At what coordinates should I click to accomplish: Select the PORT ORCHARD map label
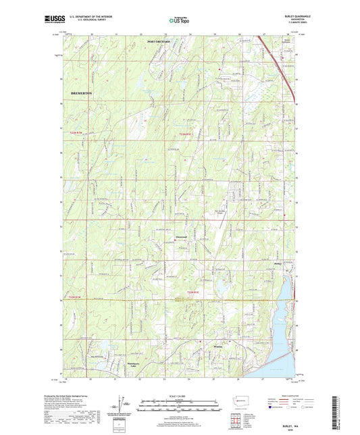159,42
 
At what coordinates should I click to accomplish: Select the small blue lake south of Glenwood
220,288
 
